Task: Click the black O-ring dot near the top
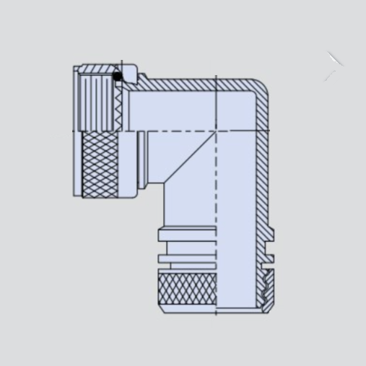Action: pos(118,76)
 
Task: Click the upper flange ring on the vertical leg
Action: pos(186,233)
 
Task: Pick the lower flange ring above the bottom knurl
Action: pos(186,258)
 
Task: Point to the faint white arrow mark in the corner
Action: pos(333,65)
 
